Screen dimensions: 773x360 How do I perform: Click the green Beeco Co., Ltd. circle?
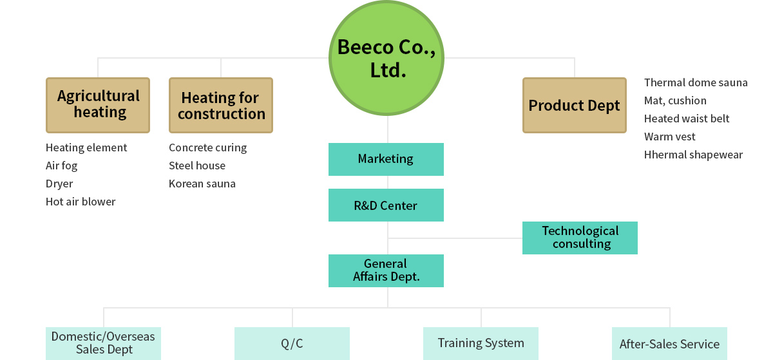point(386,58)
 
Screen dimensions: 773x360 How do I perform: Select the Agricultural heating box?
point(98,105)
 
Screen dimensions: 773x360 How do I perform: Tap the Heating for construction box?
point(221,105)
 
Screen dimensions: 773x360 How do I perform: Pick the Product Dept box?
point(575,105)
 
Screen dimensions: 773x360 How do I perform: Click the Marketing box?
point(386,159)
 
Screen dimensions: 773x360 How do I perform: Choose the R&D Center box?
point(386,205)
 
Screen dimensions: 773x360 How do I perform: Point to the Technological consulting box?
point(580,238)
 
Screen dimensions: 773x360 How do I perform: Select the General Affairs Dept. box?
point(386,270)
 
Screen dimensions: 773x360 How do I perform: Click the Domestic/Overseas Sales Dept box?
point(103,343)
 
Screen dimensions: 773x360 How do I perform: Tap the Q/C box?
point(292,343)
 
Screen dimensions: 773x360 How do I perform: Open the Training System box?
point(481,343)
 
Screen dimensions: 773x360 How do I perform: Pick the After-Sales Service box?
point(669,343)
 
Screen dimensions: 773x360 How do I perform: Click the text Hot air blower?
point(81,202)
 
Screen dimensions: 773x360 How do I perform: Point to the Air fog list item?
point(61,166)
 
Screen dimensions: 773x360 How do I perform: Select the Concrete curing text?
point(207,148)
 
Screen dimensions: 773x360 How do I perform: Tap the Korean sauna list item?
point(202,184)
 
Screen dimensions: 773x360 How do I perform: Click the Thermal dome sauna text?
point(696,82)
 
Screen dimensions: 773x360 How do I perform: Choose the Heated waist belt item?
point(687,118)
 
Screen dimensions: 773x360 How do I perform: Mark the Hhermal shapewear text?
point(693,155)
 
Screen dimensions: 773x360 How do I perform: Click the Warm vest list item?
point(669,137)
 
